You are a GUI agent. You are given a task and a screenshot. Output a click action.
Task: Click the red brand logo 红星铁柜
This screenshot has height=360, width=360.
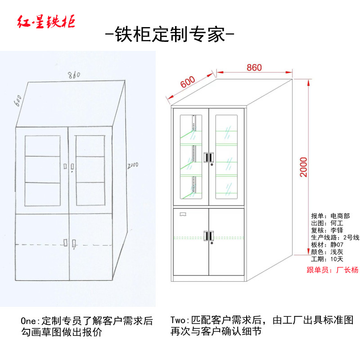pos(46,22)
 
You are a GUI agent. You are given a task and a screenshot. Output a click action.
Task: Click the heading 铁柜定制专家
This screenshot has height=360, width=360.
pos(169,35)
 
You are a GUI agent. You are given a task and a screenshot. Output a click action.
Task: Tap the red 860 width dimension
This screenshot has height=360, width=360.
pos(254,68)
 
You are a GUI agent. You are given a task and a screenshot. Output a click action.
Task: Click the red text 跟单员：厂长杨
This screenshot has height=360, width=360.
pos(332,270)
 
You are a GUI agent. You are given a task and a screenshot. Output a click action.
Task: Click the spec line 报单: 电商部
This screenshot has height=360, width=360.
pos(330,216)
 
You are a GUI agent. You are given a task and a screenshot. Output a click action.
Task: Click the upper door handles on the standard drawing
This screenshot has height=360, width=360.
pos(209,157)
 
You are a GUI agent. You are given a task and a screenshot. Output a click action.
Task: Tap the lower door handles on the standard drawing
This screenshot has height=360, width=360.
pos(209,235)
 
